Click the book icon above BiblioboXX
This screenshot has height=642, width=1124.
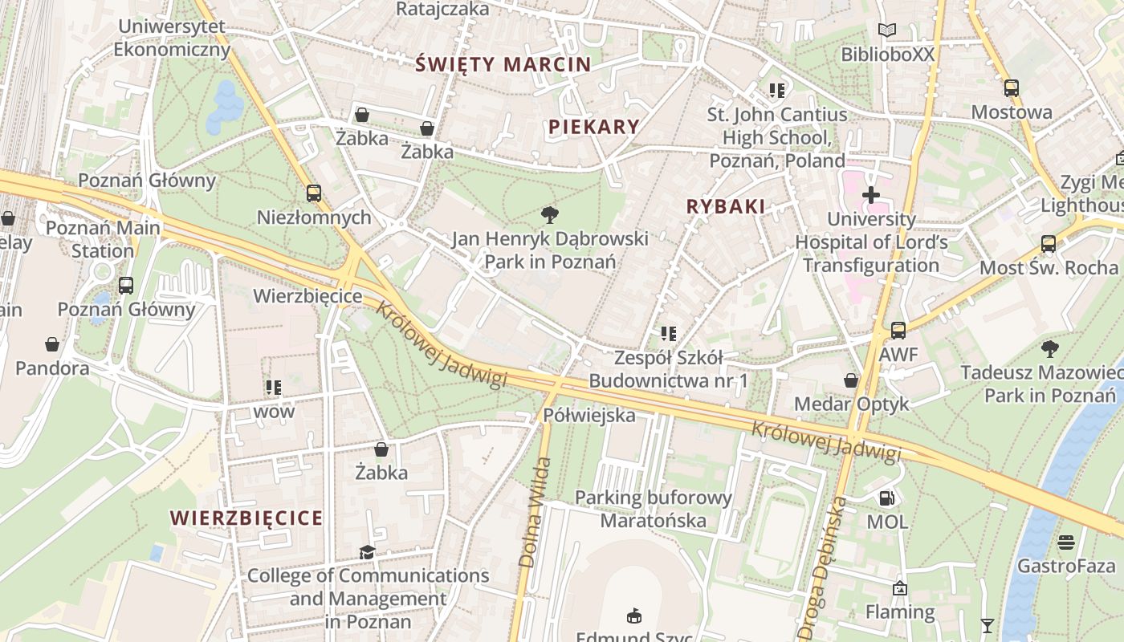point(886,30)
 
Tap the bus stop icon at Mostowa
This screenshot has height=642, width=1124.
point(1012,88)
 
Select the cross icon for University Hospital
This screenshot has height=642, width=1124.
point(871,195)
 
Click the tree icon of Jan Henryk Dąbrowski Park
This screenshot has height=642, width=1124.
point(550,214)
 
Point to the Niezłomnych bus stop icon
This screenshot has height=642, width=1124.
point(314,193)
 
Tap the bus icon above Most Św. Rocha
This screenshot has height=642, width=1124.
point(1048,244)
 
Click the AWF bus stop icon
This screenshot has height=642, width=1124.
point(898,331)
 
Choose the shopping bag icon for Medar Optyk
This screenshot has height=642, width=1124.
point(851,380)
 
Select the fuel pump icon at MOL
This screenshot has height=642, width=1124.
point(886,498)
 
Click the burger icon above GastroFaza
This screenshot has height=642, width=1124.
point(1066,542)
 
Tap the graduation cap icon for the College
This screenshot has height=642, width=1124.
point(367,552)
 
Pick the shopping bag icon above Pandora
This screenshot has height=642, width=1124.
point(52,344)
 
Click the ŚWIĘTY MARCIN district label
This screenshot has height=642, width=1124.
point(503,65)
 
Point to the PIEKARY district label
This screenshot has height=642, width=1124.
point(594,127)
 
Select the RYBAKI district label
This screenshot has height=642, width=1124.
point(726,206)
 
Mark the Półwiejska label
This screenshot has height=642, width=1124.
point(589,415)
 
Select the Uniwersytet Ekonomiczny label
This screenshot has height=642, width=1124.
point(172,38)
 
